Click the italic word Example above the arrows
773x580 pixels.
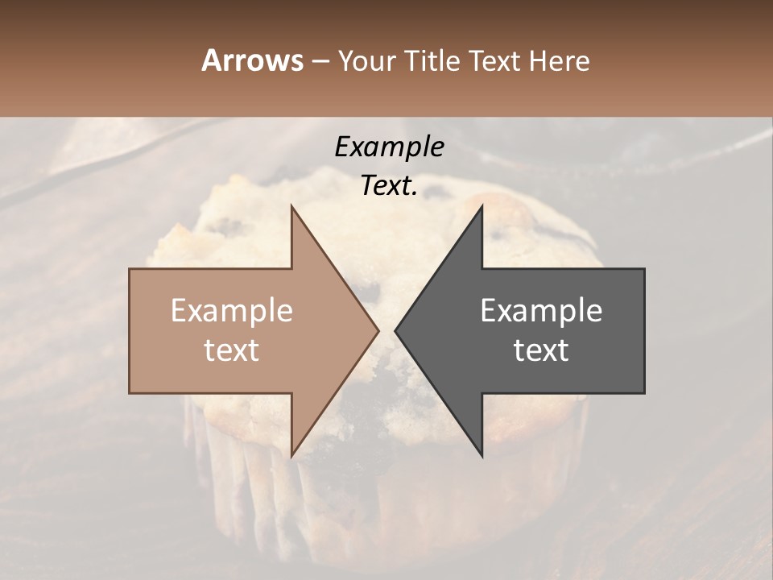pyautogui.click(x=389, y=147)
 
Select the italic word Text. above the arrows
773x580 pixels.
pyautogui.click(x=389, y=186)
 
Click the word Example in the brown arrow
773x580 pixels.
pyautogui.click(x=232, y=311)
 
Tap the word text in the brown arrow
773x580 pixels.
pyautogui.click(x=232, y=350)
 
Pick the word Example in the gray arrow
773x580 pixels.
pyautogui.click(x=541, y=311)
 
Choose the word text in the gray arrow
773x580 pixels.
pyautogui.click(x=541, y=350)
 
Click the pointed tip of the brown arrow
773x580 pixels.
pyautogui.click(x=378, y=331)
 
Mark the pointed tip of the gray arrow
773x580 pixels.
pyautogui.click(x=395, y=331)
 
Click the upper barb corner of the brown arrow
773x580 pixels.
pyautogui.click(x=291, y=206)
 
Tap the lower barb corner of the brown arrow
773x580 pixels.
pyautogui.click(x=291, y=456)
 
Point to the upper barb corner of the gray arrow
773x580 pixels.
pyautogui.click(x=482, y=206)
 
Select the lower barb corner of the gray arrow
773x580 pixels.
pyautogui.click(x=482, y=456)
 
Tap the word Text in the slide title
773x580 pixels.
pyautogui.click(x=495, y=60)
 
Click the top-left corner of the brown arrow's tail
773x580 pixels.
pyautogui.click(x=130, y=269)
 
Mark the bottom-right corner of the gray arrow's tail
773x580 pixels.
pyautogui.click(x=644, y=392)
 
